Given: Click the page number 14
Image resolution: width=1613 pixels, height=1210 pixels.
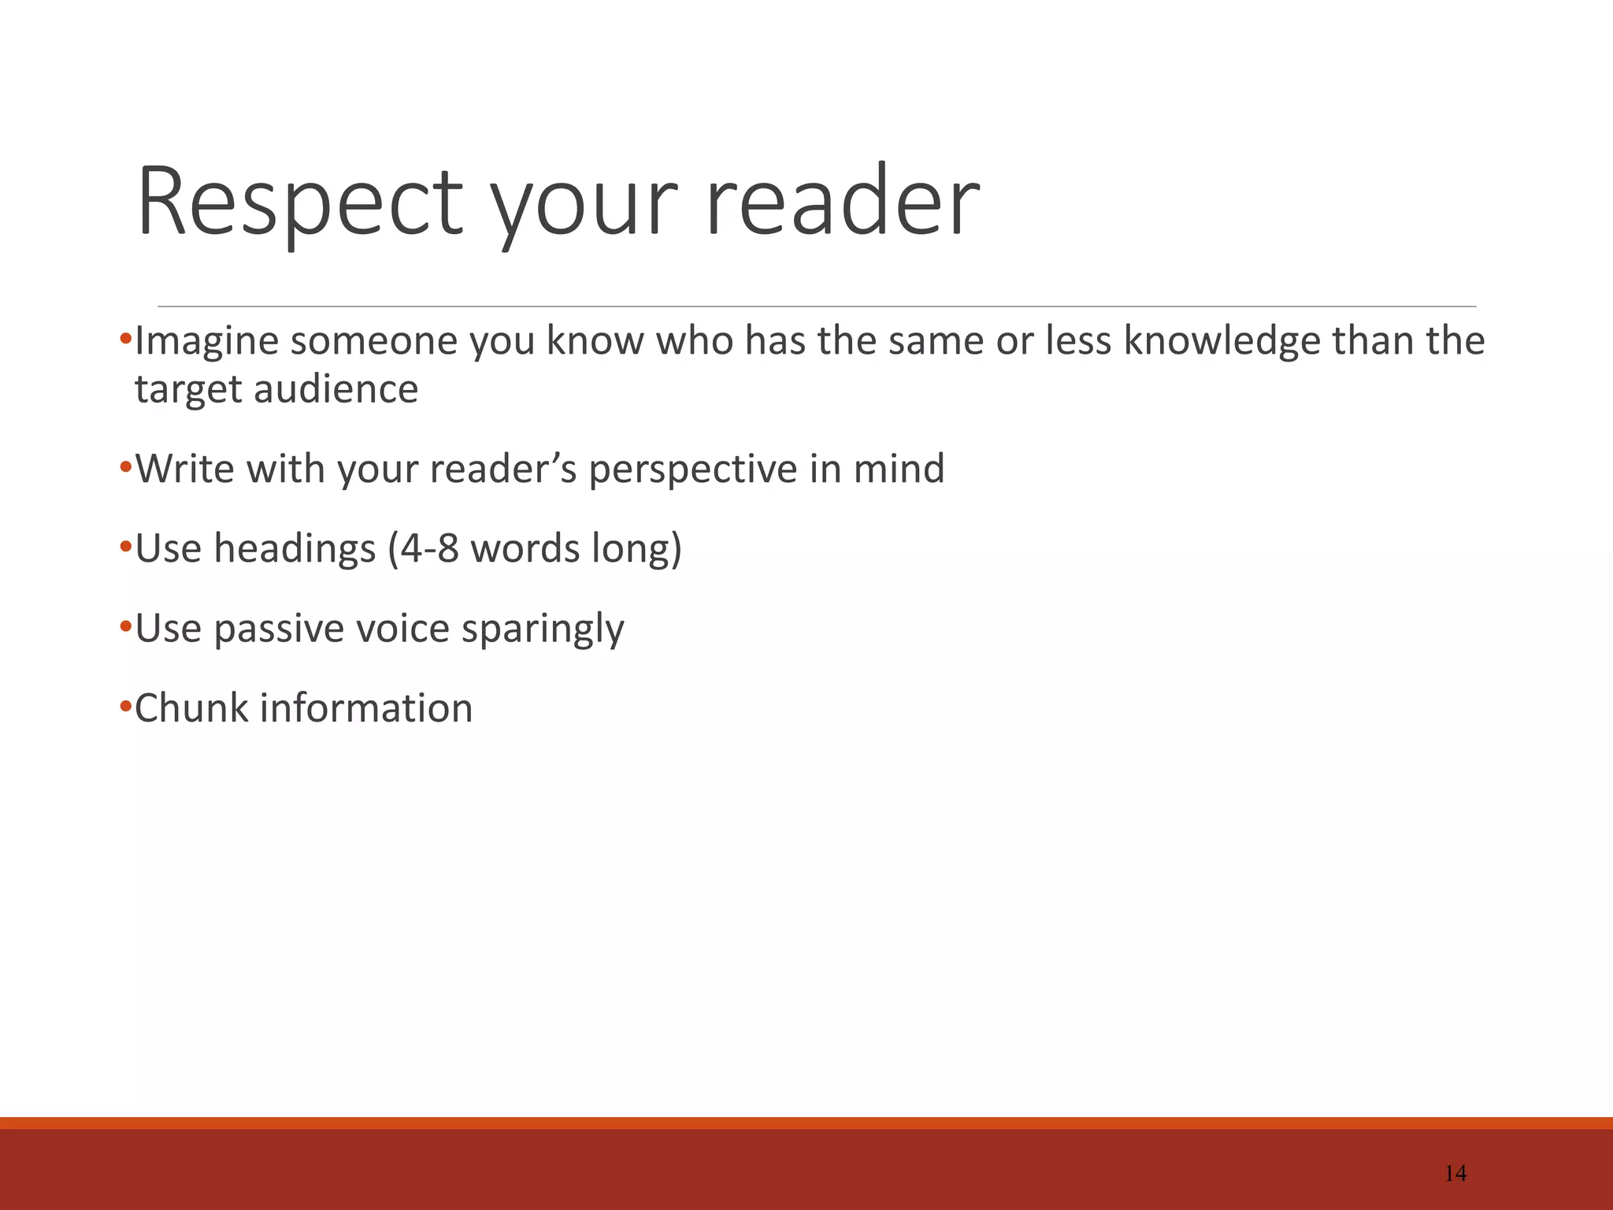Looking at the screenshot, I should click(1455, 1174).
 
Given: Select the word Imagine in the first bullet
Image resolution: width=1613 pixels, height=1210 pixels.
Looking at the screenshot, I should click(207, 342).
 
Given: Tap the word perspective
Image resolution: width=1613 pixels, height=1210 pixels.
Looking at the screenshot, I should click(692, 470).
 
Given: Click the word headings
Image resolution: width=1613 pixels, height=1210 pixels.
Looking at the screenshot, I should click(295, 549).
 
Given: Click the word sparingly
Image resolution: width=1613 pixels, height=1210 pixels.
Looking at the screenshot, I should click(543, 629).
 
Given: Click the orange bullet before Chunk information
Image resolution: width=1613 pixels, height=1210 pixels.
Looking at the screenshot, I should click(125, 707).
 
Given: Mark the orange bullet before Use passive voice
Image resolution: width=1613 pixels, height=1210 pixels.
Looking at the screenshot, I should click(125, 628).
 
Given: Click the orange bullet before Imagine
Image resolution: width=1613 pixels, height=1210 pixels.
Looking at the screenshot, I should click(125, 340).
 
